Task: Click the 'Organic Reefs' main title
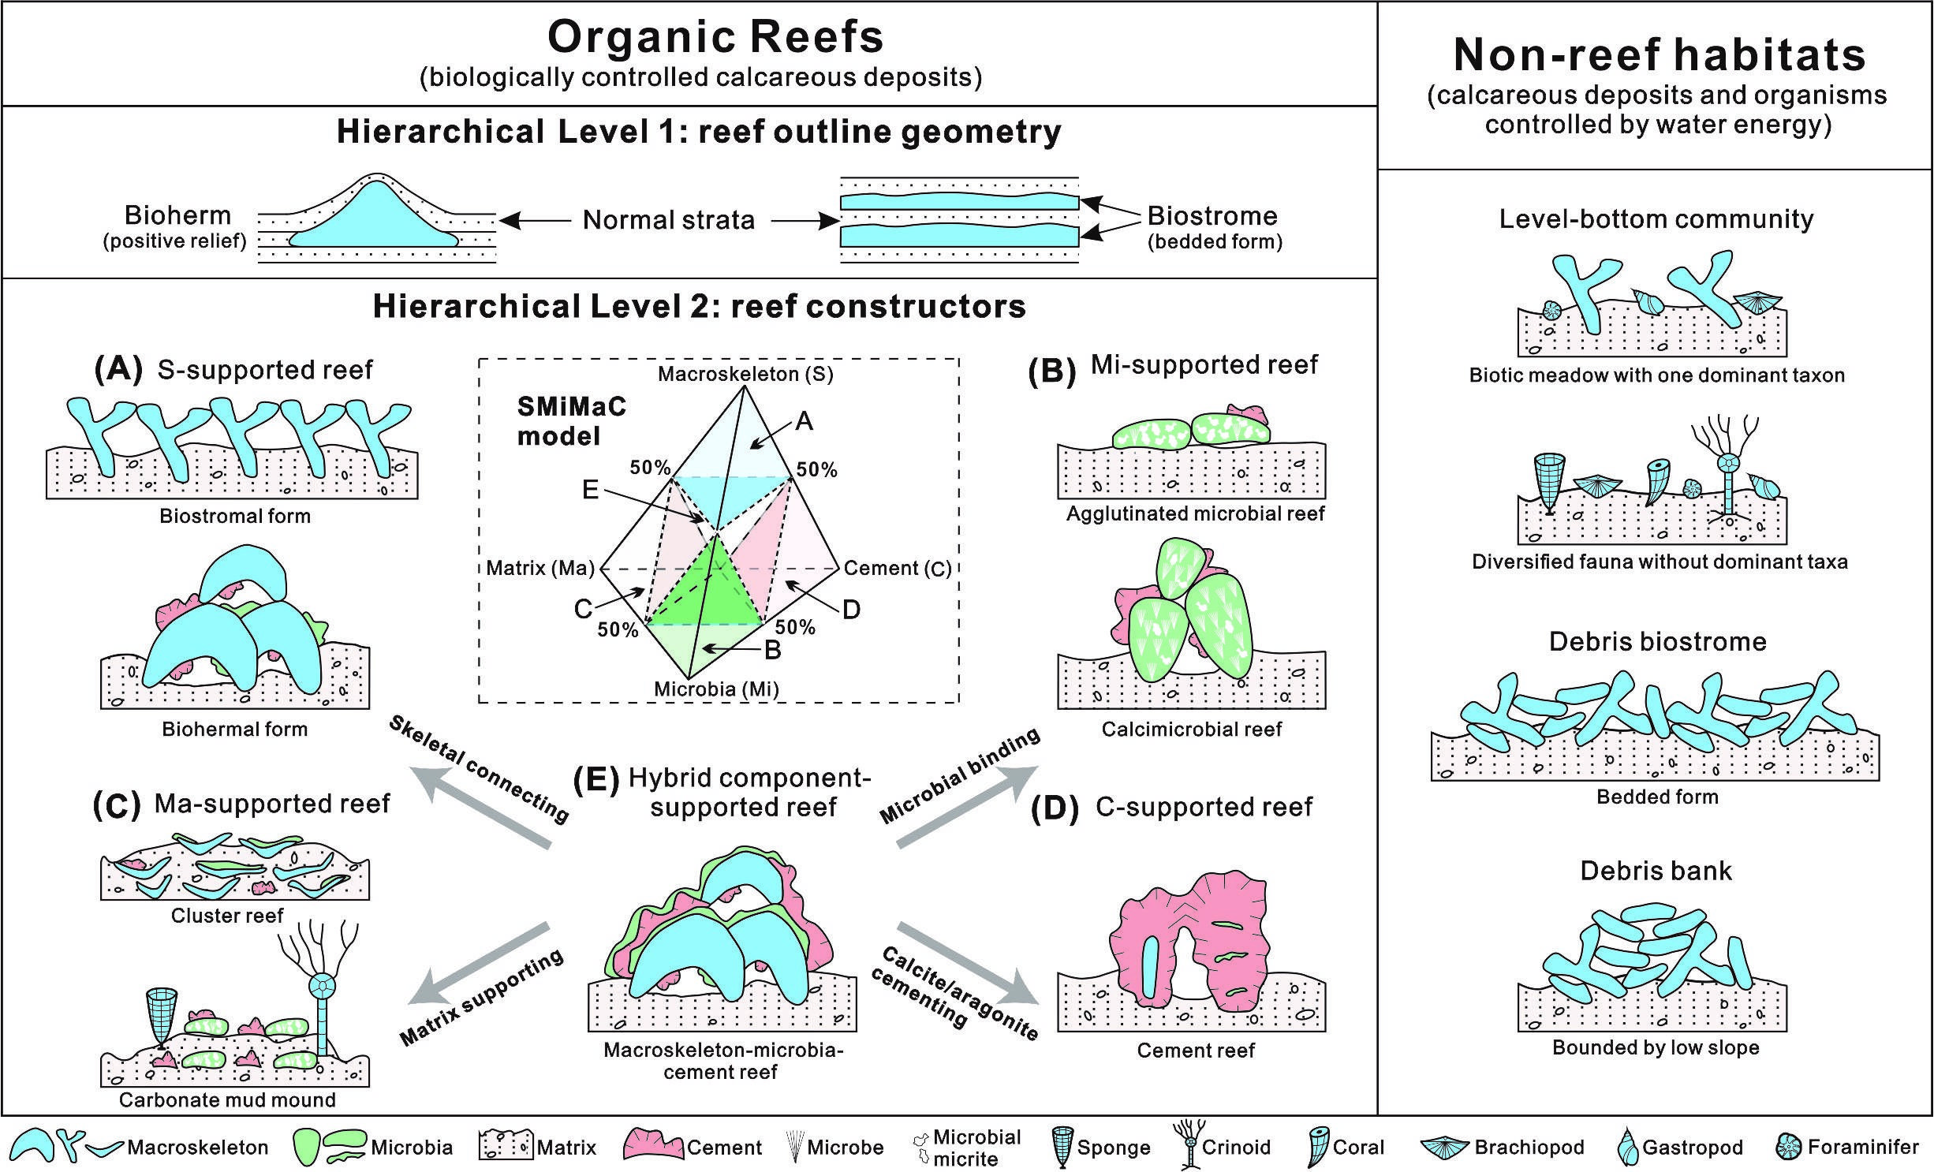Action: tap(715, 37)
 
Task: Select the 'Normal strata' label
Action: tap(669, 220)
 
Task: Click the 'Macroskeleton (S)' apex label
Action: tap(745, 373)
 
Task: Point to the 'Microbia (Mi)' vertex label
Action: tap(716, 689)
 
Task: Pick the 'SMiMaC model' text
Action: tap(571, 421)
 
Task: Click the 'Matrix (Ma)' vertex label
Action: tap(540, 568)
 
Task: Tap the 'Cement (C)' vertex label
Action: tap(898, 568)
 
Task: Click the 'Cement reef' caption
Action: tap(1195, 1051)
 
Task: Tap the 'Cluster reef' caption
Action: tap(227, 916)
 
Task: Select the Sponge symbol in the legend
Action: tap(1062, 1148)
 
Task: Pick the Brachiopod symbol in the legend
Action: tap(1443, 1148)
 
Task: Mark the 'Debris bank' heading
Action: tap(1656, 871)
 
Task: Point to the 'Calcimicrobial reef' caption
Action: tap(1191, 729)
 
